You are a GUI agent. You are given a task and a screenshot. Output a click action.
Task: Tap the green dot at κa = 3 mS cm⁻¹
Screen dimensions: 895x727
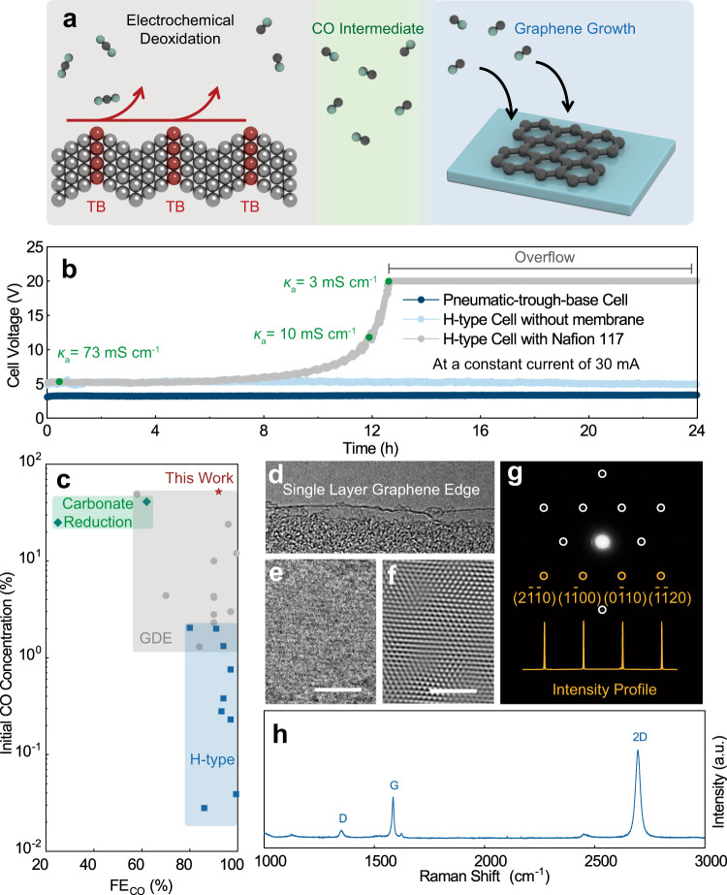pos(389,282)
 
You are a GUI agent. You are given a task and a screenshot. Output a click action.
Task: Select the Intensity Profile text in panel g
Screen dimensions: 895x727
pos(603,690)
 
